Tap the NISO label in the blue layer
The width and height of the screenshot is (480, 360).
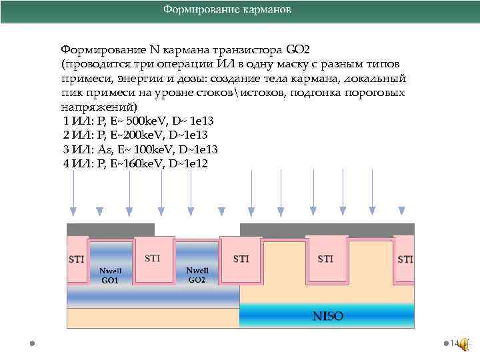pos(327,316)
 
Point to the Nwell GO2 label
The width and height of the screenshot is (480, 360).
pos(197,275)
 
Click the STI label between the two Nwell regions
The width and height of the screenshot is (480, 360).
pos(152,258)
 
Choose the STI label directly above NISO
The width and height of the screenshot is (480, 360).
pos(325,259)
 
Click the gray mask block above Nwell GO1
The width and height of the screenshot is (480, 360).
pos(111,229)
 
